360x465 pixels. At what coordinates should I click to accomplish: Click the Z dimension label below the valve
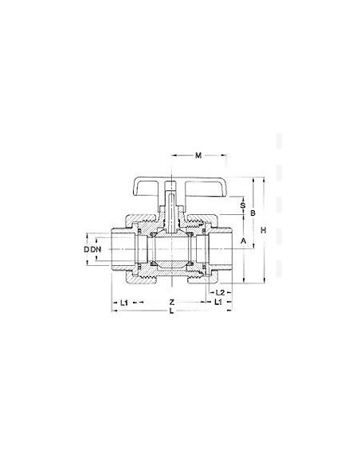pos(172,303)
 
